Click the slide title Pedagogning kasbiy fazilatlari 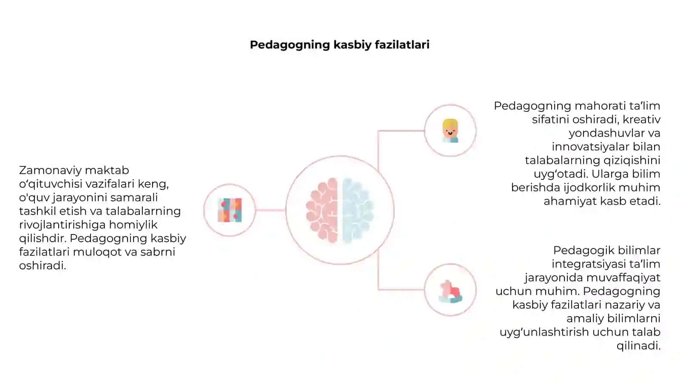(340, 45)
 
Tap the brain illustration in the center (340, 210)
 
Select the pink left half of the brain (322, 210)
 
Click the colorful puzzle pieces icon (230, 210)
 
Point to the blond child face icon (450, 131)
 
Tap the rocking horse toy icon (450, 292)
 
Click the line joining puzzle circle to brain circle (270, 210)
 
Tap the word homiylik (133, 225)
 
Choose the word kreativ (641, 120)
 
